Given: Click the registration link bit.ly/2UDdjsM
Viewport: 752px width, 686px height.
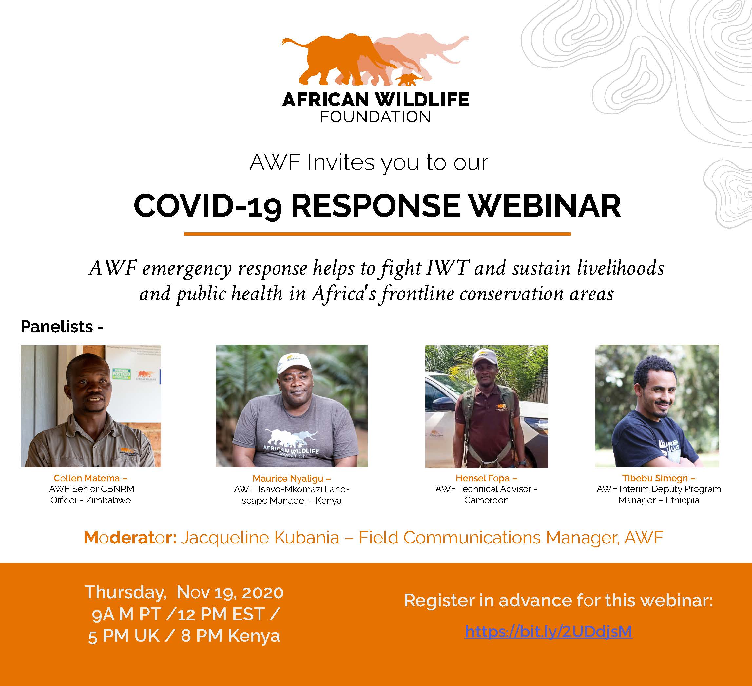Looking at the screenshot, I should coord(548,632).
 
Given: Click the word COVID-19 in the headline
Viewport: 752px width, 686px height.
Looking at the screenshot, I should coord(207,206).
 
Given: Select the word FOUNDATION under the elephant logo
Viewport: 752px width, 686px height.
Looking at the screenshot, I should coord(376,117).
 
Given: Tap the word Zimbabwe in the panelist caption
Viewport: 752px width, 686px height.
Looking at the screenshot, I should coord(108,500).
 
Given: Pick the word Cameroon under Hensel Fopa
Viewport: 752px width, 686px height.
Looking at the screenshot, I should coord(486,500).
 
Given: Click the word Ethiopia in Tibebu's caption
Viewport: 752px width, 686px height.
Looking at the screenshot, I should coord(682,500).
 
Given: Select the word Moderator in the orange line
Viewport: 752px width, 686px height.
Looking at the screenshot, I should coord(130,538).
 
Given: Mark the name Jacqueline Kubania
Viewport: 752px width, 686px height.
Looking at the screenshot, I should coord(260,538).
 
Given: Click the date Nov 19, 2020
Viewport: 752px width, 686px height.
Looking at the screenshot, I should coord(230,592).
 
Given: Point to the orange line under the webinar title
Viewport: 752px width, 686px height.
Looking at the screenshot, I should coord(377,234).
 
